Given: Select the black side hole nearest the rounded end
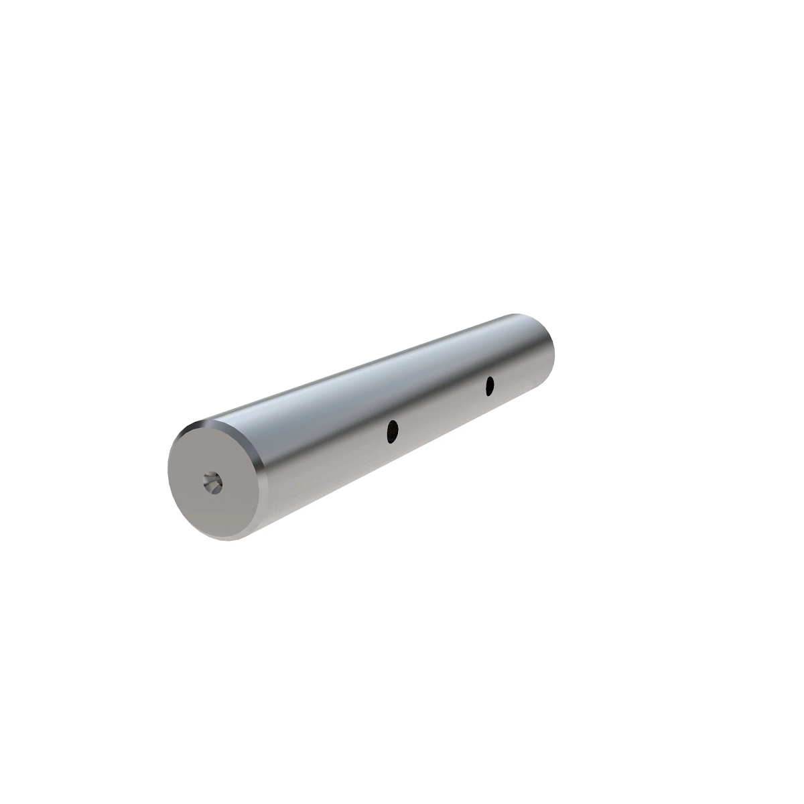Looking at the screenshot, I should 490,385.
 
